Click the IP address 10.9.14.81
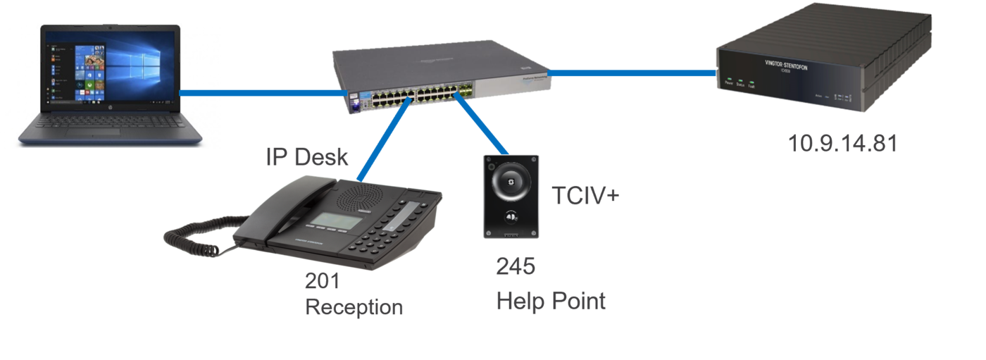pyautogui.click(x=842, y=144)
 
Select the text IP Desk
pyautogui.click(x=307, y=156)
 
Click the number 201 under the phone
pyautogui.click(x=322, y=281)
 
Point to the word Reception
pyautogui.click(x=354, y=307)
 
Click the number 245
pyautogui.click(x=516, y=266)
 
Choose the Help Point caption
pyautogui.click(x=551, y=302)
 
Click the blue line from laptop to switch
pyautogui.click(x=261, y=93)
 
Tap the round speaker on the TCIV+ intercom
pyautogui.click(x=510, y=181)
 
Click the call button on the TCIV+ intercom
pyautogui.click(x=510, y=216)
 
